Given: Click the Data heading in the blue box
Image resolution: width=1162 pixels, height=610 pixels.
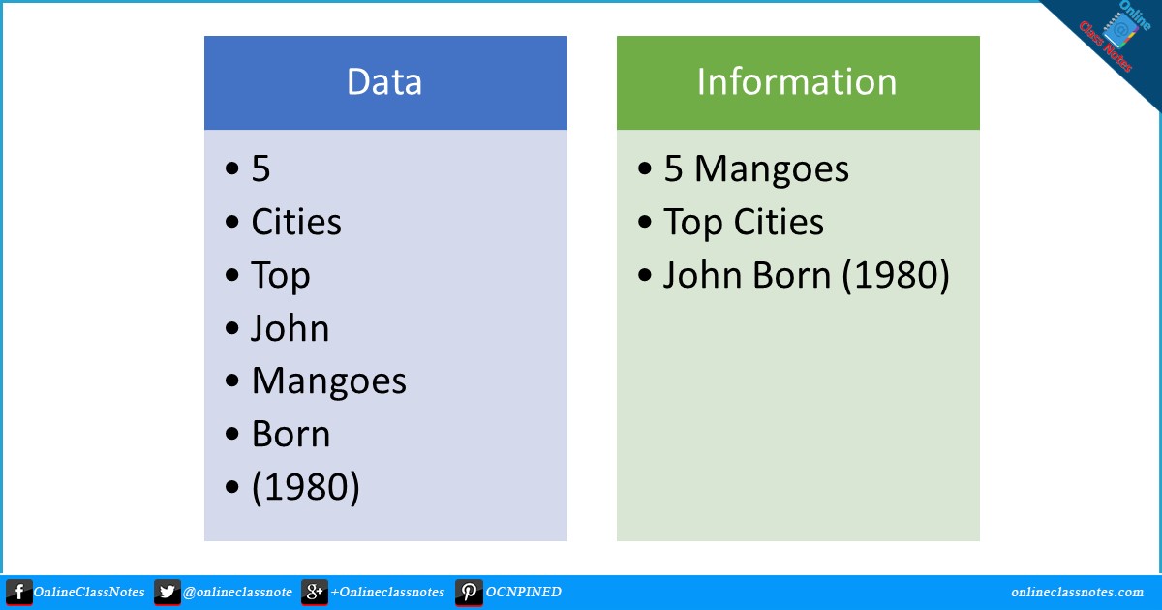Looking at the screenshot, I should (x=384, y=82).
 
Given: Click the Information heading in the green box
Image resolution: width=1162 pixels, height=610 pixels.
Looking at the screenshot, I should (x=797, y=82).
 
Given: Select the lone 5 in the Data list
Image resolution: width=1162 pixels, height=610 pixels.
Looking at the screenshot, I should (x=260, y=169).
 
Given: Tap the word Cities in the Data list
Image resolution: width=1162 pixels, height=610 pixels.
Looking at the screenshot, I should (x=296, y=223).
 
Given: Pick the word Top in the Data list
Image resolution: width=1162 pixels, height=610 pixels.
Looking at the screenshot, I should (x=281, y=276).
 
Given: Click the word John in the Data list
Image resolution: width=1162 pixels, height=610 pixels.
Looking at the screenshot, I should (x=290, y=329).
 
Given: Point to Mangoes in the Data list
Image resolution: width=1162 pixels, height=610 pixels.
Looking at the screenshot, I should (x=329, y=381).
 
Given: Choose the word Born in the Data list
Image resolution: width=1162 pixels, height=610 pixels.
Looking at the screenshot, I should (x=290, y=435).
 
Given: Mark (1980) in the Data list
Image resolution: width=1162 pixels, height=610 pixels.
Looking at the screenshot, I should (x=305, y=487).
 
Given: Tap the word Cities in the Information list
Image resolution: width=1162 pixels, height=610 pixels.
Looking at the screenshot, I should (x=778, y=223).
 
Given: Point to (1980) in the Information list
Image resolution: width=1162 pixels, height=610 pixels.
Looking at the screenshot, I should (x=895, y=276).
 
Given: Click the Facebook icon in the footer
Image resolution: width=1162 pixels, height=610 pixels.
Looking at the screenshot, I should (x=18, y=593).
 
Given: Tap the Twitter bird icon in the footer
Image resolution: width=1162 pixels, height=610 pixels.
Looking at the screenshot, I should (x=167, y=593).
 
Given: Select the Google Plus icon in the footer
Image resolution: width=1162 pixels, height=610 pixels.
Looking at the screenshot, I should (x=314, y=593).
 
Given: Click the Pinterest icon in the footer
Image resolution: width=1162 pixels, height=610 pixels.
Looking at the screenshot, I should (x=469, y=593).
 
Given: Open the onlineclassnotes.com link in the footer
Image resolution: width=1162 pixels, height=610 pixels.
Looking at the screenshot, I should (x=1077, y=593).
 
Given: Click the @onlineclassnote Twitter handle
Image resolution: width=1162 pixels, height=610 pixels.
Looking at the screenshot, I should (x=237, y=593).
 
